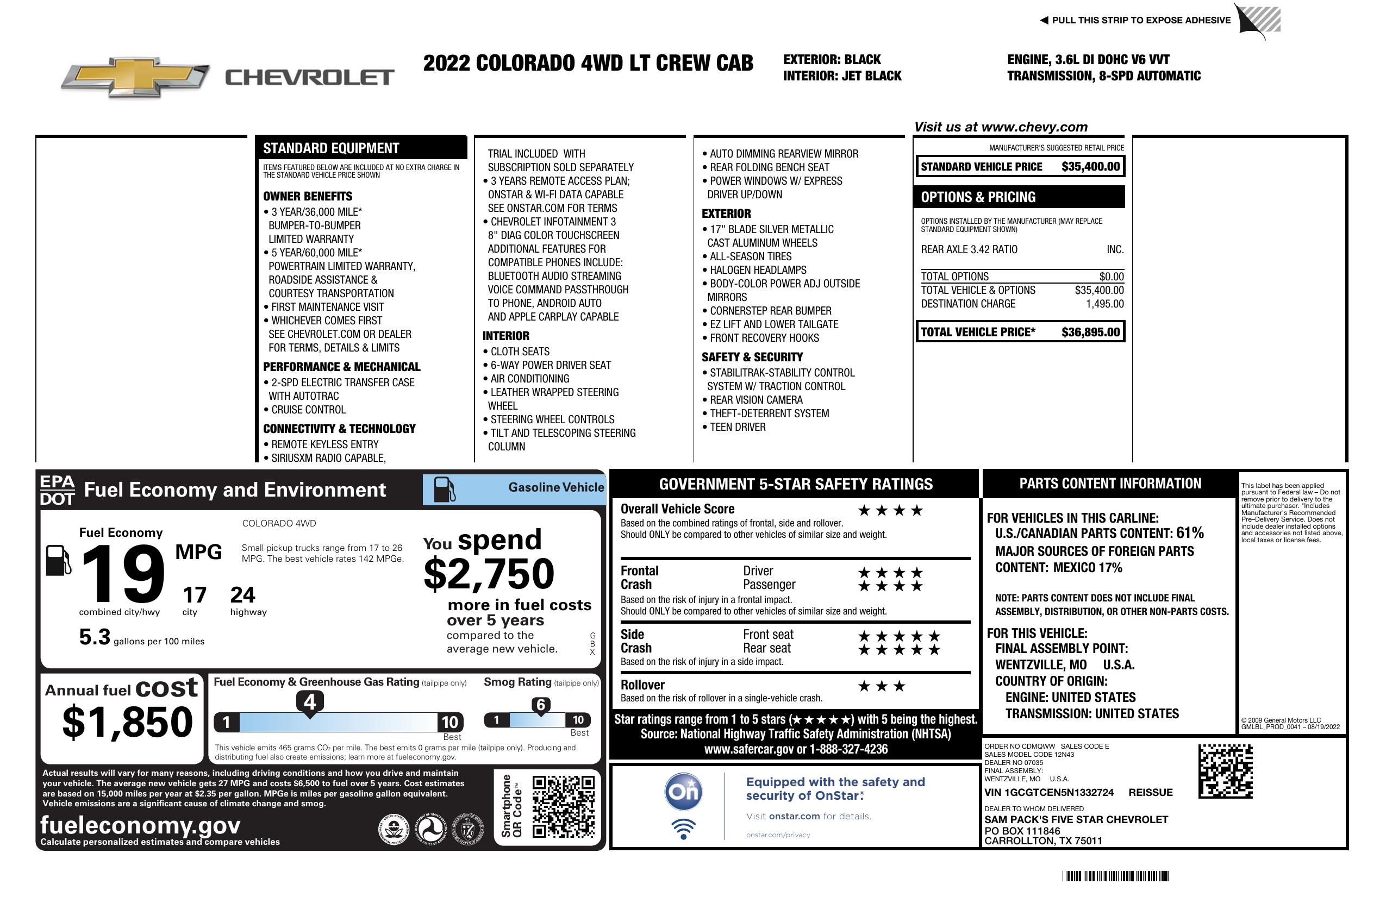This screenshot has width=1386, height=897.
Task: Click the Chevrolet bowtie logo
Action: [135, 77]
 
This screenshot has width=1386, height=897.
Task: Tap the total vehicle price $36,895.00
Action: [1090, 333]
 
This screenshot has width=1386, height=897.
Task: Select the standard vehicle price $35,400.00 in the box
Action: [1090, 167]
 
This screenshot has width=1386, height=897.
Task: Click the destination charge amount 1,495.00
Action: [1104, 304]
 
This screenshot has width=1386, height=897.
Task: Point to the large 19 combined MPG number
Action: [123, 574]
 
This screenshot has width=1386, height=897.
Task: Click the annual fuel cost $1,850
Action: [127, 723]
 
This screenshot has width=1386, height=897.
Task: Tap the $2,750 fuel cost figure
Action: [489, 574]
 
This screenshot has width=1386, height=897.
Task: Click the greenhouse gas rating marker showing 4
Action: [310, 702]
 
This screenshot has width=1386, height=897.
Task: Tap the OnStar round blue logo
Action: [683, 792]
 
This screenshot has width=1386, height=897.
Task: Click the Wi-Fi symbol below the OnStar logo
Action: [683, 829]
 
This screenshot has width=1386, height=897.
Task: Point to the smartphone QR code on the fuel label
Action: [563, 807]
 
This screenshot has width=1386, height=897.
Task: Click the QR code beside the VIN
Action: [1225, 771]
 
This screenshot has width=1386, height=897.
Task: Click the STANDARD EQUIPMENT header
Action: [331, 148]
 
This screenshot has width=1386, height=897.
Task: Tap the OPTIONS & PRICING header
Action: [978, 197]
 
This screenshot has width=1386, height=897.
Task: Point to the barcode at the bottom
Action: [1115, 876]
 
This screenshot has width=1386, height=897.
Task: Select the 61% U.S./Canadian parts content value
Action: [1189, 532]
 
